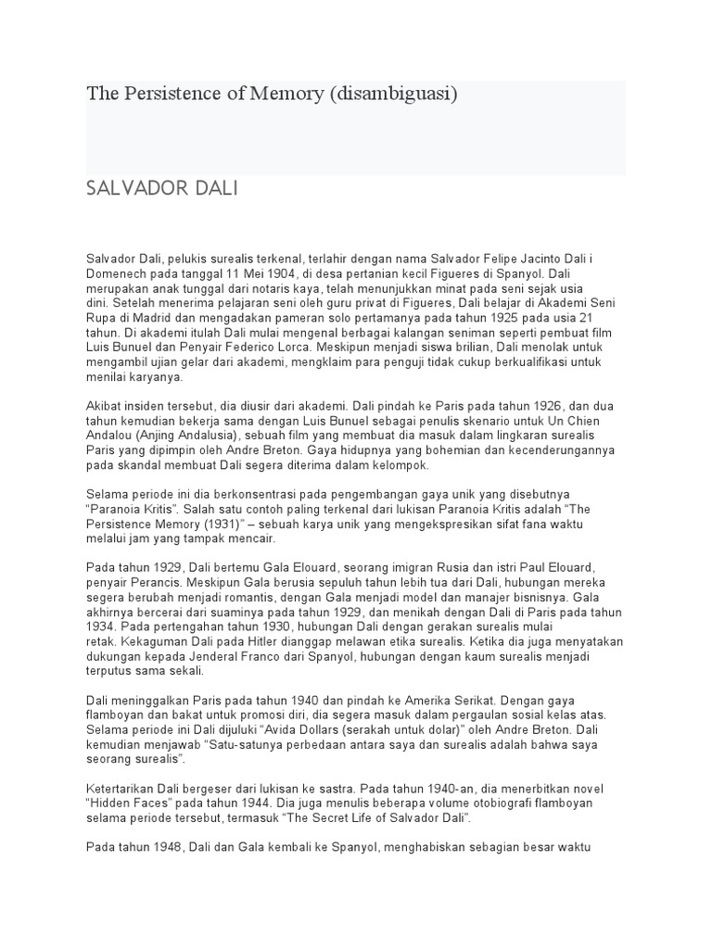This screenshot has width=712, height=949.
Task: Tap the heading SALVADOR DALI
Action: click(x=162, y=189)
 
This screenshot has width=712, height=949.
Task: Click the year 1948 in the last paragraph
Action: click(x=168, y=847)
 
